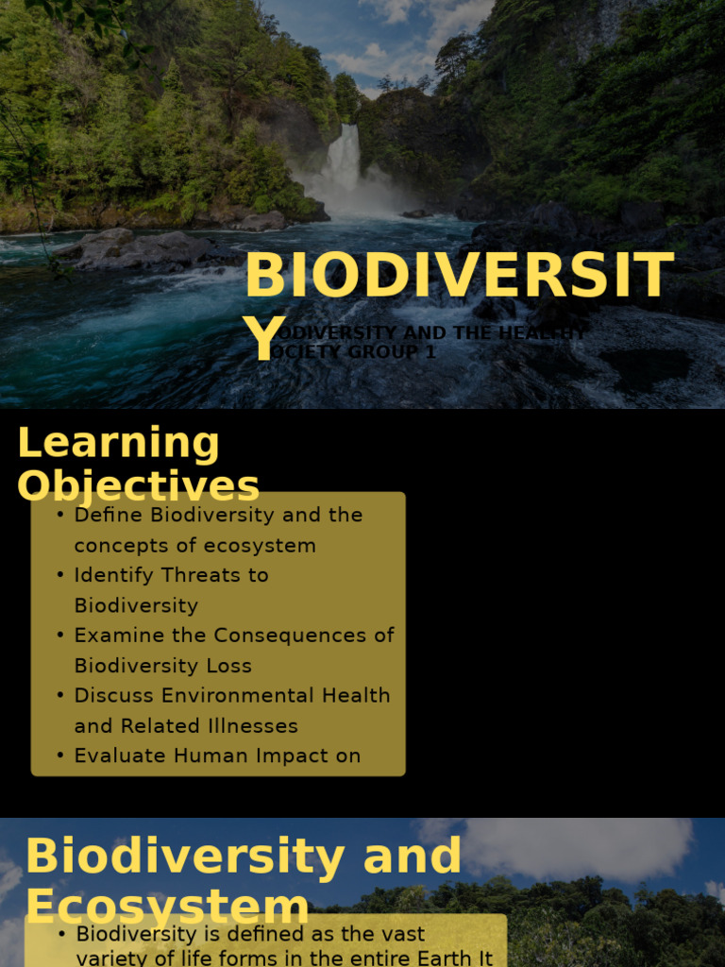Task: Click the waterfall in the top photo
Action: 344,161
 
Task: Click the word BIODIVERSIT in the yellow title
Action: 459,277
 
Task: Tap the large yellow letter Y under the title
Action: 263,341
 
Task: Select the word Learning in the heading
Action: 118,444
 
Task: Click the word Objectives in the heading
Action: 138,487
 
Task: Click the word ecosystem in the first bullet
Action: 264,546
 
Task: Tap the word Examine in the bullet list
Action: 112,636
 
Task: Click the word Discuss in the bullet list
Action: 114,696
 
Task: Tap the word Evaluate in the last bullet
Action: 115,755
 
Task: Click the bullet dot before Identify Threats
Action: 60,575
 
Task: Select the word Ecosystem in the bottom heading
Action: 166,907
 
